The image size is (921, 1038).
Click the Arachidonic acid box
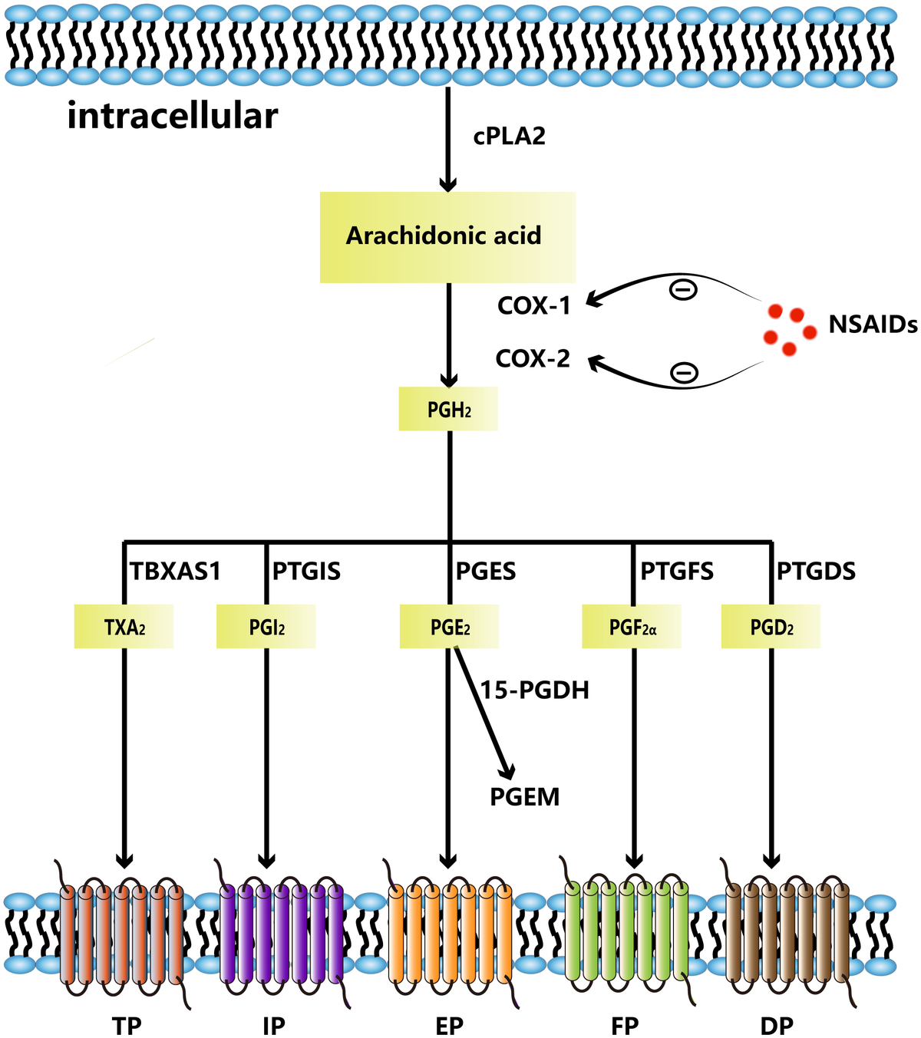tap(447, 236)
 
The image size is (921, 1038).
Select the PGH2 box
tap(448, 410)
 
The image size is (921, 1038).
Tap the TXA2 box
tap(124, 628)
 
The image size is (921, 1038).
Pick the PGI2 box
tap(266, 628)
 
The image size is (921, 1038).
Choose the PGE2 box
tap(449, 628)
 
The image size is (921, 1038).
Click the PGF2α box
tap(632, 628)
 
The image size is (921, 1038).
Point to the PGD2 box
tap(771, 628)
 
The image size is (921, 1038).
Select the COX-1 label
tap(534, 305)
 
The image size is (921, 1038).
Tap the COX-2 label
tap(533, 358)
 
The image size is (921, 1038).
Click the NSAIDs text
tap(873, 325)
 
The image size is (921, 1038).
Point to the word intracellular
tap(173, 117)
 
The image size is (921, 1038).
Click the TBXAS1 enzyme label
tap(175, 572)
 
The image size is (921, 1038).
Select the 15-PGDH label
tap(535, 690)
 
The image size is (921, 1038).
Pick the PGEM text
tap(525, 798)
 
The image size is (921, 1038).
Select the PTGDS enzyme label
tap(816, 572)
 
